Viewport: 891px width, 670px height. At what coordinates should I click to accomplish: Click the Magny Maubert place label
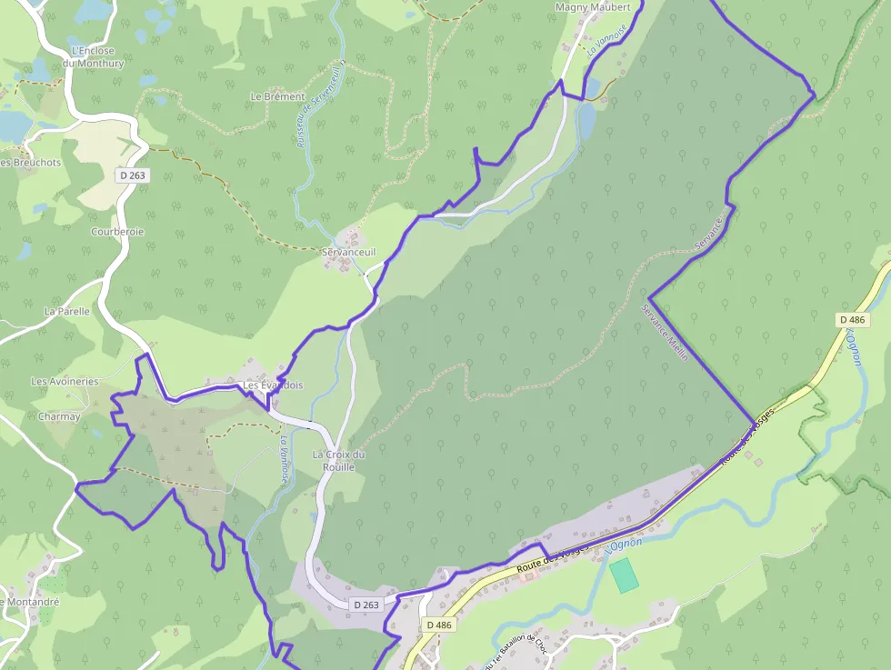592,7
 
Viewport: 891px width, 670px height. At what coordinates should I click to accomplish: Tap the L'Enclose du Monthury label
96,57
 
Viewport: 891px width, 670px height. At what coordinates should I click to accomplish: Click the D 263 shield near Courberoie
132,175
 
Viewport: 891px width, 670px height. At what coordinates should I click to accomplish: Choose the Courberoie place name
117,232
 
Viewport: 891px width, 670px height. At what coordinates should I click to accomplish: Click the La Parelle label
67,311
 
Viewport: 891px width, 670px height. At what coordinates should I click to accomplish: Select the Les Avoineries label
64,382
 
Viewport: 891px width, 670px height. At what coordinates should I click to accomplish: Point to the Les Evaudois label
273,385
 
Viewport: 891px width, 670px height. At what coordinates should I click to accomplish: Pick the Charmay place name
59,416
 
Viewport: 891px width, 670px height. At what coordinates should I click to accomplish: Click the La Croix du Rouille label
338,460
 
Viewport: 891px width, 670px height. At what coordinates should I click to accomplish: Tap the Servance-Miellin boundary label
666,333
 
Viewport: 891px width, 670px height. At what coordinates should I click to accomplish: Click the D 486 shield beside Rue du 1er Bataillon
438,625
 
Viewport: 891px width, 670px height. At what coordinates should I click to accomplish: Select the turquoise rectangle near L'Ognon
623,575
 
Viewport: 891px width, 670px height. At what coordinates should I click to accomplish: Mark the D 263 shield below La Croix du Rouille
366,605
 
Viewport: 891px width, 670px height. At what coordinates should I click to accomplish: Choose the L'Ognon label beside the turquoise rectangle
624,545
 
